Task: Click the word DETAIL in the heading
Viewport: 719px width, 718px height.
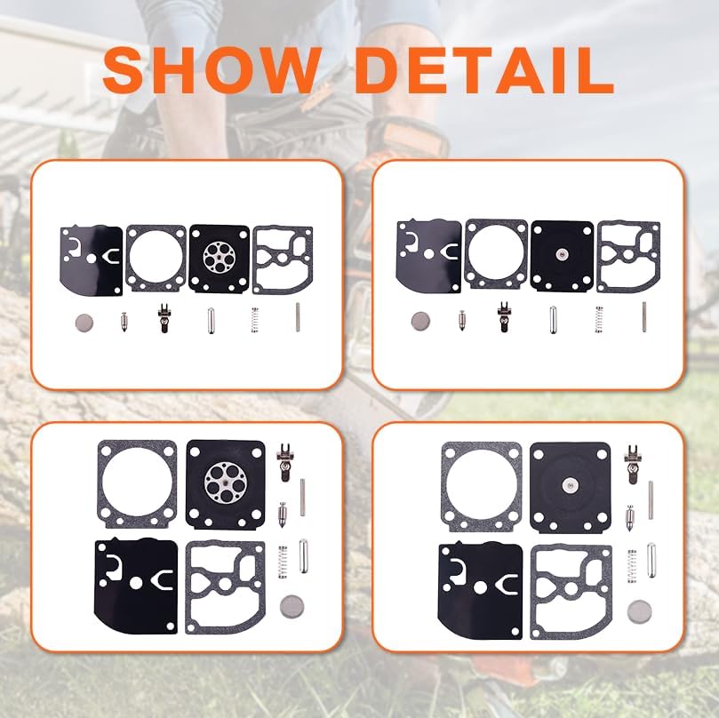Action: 487,70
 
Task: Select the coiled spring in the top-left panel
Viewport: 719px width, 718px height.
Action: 253,320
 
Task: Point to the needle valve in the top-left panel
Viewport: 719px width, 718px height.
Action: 123,321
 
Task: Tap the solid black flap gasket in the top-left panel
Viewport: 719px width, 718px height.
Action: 92,258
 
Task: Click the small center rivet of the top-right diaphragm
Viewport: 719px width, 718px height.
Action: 561,254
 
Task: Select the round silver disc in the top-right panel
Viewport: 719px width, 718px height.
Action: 419,319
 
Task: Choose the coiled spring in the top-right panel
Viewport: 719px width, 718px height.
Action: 597,320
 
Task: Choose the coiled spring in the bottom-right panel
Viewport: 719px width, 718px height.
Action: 632,562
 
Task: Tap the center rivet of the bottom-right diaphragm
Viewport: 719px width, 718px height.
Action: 567,484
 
